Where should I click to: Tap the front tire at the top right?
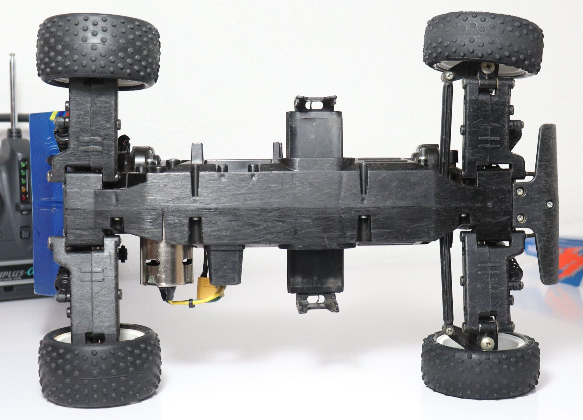[x=483, y=41]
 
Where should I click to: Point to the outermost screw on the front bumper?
[x=550, y=204]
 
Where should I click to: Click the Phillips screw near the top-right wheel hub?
[x=488, y=67]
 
